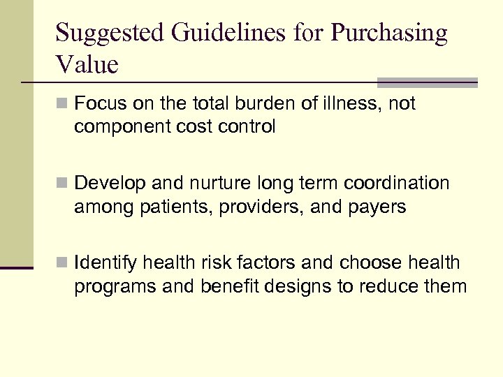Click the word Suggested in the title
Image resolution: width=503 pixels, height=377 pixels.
(102, 34)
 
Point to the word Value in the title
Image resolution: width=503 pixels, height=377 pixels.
(87, 65)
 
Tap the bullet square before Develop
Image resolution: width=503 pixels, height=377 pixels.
(62, 184)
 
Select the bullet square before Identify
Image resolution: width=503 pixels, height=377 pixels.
(62, 263)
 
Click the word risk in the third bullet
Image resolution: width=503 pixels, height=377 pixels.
(211, 263)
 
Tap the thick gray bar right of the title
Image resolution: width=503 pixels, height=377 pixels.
(427, 82)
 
